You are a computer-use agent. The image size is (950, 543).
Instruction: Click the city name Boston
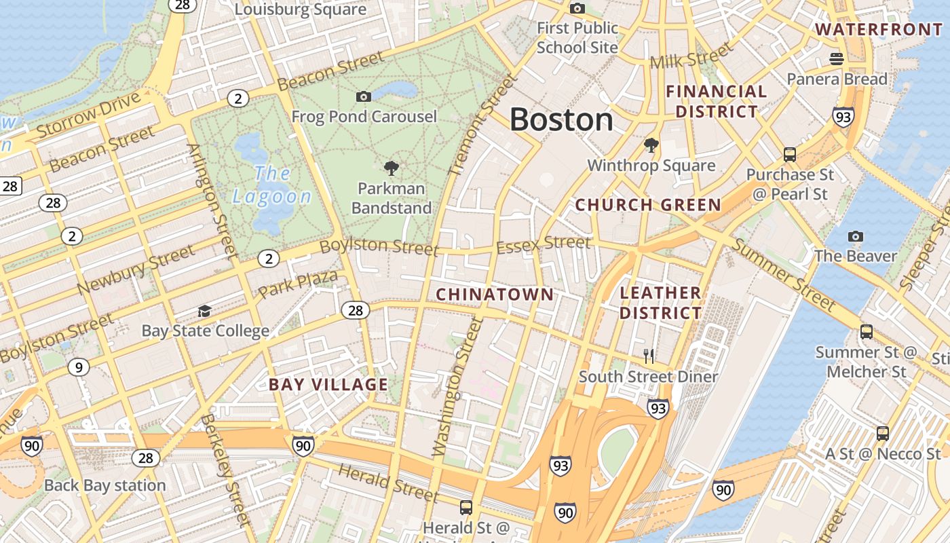tap(561, 120)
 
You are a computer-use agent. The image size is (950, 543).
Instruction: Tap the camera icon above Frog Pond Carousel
tap(364, 97)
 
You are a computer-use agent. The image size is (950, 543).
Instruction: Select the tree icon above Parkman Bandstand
tap(391, 168)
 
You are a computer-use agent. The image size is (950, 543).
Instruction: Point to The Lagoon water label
tap(272, 185)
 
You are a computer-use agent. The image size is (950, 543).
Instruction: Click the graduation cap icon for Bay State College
tap(204, 312)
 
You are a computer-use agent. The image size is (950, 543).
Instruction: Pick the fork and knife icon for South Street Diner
tap(649, 356)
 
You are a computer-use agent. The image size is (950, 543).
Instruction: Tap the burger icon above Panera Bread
tap(837, 59)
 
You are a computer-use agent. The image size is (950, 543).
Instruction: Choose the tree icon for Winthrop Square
tap(651, 145)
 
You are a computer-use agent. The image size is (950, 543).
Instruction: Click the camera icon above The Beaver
tap(856, 236)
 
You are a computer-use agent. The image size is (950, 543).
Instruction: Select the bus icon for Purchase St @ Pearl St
tap(790, 154)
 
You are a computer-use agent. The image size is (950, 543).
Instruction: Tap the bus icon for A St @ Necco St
tap(883, 433)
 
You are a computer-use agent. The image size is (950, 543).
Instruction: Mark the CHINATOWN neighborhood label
tap(495, 295)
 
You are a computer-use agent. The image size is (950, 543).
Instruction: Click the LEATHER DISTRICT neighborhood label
tap(660, 303)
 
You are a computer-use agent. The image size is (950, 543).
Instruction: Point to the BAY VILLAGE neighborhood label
tap(328, 385)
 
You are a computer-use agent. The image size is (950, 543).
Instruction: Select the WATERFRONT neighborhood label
tap(879, 29)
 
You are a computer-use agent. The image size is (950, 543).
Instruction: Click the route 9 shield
tap(79, 368)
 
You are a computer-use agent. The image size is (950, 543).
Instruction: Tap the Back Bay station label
tap(105, 485)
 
